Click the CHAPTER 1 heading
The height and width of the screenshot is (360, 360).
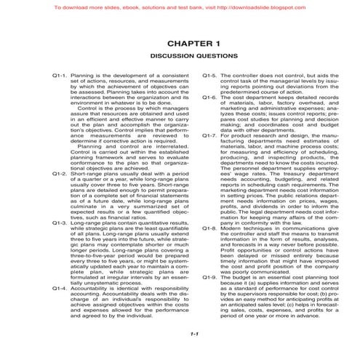click(x=180, y=44)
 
